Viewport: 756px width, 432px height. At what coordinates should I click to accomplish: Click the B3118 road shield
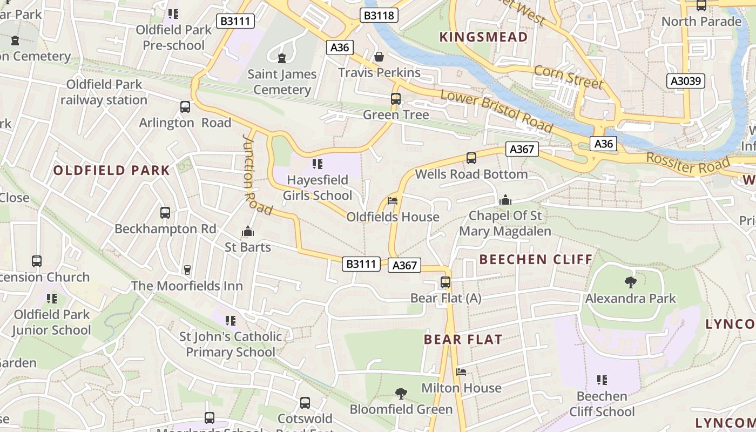click(x=379, y=15)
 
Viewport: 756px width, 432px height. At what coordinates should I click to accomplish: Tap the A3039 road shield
click(x=686, y=81)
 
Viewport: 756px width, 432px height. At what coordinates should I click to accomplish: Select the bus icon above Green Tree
click(x=396, y=99)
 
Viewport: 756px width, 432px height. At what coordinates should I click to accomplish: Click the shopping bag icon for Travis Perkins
click(x=379, y=57)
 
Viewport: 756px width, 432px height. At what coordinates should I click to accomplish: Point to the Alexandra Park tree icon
click(x=630, y=282)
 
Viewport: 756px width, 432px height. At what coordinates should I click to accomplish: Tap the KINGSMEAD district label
click(x=483, y=37)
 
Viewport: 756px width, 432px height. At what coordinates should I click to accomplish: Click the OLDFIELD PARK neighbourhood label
click(x=112, y=171)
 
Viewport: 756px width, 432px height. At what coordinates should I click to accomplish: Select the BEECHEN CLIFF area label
click(x=536, y=259)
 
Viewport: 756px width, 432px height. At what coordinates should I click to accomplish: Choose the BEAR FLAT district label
click(x=463, y=339)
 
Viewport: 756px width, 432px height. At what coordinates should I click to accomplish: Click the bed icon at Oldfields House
click(x=393, y=201)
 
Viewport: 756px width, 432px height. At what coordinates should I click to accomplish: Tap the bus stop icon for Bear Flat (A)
click(x=446, y=282)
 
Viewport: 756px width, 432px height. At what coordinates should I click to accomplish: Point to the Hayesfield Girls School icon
click(x=318, y=164)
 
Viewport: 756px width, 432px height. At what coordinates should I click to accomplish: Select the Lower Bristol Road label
click(x=497, y=111)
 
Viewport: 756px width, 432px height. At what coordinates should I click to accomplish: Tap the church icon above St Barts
click(x=248, y=231)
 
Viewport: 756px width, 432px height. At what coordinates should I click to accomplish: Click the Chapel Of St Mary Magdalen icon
click(x=505, y=200)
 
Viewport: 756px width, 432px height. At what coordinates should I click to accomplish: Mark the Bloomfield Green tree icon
click(x=401, y=393)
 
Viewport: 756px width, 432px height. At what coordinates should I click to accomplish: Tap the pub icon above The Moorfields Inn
click(x=187, y=269)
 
